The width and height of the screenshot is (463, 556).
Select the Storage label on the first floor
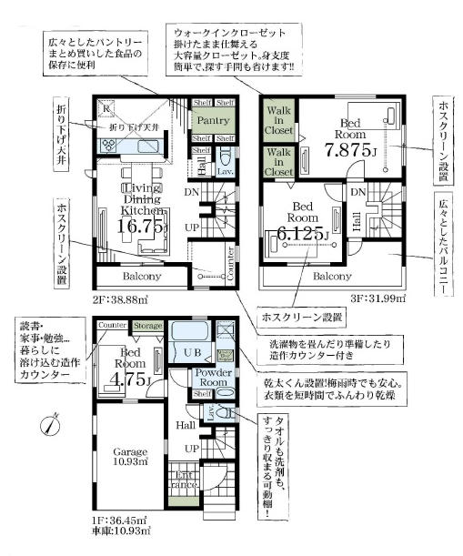point(147,325)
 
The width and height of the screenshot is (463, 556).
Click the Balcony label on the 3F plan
point(332,276)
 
